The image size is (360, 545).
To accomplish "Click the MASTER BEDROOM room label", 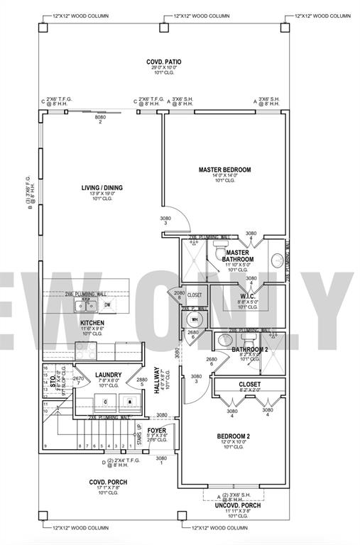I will pyautogui.click(x=224, y=170).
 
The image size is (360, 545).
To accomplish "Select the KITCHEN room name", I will pyautogui.click(x=92, y=322).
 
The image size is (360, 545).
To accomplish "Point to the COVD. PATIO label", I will pyautogui.click(x=165, y=62).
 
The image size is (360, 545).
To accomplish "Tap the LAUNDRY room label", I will pyautogui.click(x=109, y=375).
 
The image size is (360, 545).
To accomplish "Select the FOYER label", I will pyautogui.click(x=157, y=430).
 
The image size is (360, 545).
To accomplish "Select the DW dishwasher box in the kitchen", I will pyautogui.click(x=108, y=306).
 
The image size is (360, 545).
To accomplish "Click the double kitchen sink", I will pyautogui.click(x=87, y=307).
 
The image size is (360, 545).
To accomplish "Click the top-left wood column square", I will pyautogui.click(x=43, y=28).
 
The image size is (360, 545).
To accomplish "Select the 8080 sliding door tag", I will pyautogui.click(x=100, y=118).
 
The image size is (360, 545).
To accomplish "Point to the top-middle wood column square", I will pyautogui.click(x=165, y=28).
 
